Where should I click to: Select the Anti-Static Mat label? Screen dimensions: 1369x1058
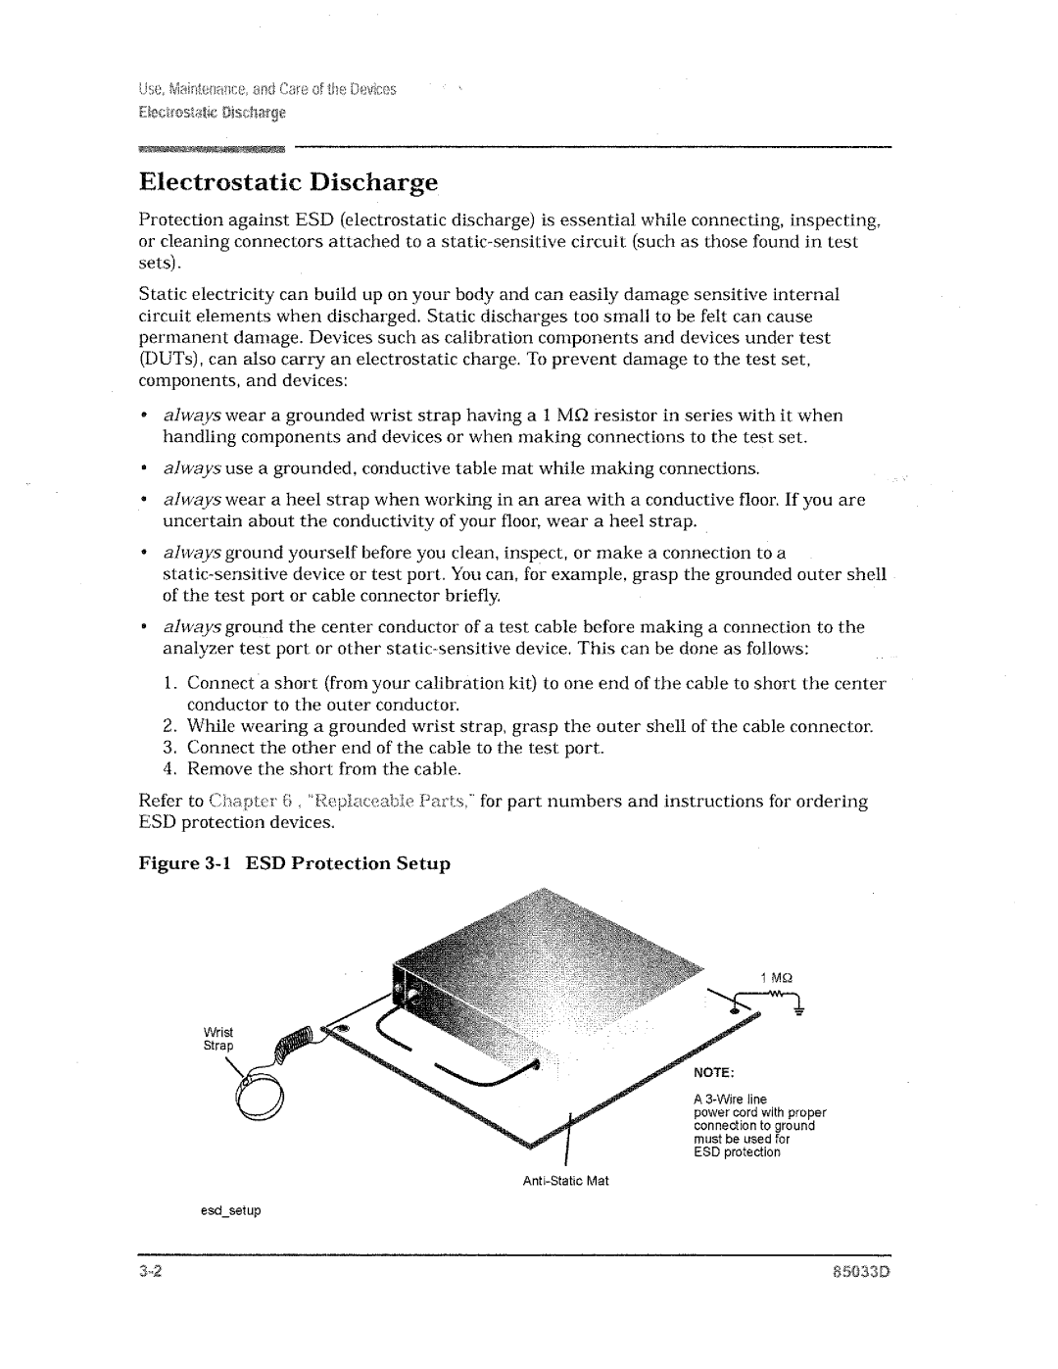point(565,1181)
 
